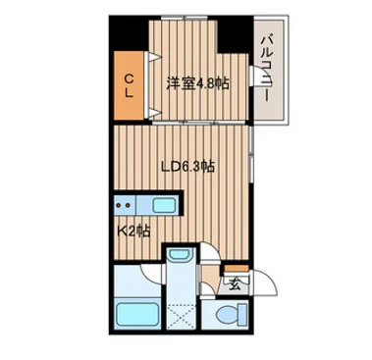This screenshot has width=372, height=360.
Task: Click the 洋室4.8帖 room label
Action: tap(198, 84)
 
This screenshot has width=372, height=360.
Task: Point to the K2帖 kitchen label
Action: tap(133, 231)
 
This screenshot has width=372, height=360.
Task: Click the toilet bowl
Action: tap(226, 318)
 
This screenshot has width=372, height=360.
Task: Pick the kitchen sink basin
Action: tap(162, 205)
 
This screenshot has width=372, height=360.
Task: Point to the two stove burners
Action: tap(125, 205)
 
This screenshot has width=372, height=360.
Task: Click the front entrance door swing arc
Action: tap(269, 287)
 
